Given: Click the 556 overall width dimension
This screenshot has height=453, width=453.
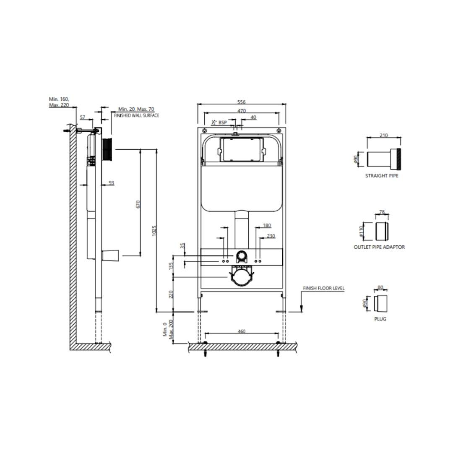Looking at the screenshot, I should pos(242,102).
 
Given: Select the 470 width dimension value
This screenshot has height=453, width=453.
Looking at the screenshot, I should pos(242,111).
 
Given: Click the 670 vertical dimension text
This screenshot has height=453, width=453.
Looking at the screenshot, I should pos(138,204).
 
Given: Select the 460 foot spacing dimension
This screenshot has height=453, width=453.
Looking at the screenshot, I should pos(242,331).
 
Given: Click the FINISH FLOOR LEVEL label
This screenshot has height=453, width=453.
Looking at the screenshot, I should pos(323,288).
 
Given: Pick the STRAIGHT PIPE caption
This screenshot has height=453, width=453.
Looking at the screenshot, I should pos(382,176).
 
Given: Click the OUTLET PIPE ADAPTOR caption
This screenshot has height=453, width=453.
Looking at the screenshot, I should pos(379,247).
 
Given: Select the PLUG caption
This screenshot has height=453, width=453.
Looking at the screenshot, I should pos(380,319).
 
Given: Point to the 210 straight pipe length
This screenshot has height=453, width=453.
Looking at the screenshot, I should pos(384,135).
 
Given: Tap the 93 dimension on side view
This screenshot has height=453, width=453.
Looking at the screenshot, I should pos(111,182).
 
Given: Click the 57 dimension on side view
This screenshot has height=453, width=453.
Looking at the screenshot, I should pos(83,117).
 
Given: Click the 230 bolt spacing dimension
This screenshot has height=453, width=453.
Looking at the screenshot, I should pos(271,236).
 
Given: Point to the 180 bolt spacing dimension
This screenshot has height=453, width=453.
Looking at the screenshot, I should pos(267,225).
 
